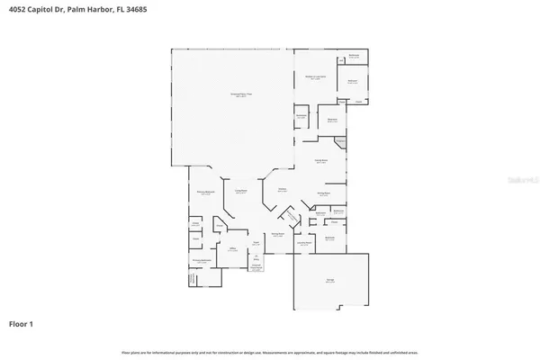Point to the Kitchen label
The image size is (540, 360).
point(282,190)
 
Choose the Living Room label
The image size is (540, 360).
point(241,192)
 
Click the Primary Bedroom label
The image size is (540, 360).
point(205,193)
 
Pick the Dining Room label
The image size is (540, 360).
point(278,234)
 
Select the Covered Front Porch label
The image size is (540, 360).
point(256,267)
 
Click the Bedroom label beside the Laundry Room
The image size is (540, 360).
point(329,238)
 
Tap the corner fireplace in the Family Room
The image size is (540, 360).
point(339,142)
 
